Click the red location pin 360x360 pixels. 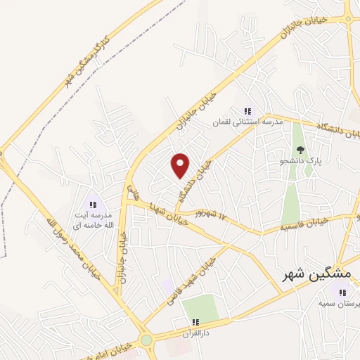[x=181, y=165]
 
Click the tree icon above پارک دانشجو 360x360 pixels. [x=301, y=149]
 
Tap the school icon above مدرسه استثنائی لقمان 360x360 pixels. [x=247, y=111]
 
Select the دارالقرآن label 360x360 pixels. [x=196, y=331]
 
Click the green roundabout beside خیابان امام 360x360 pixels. [x=146, y=340]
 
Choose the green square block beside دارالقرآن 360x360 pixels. [x=200, y=306]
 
